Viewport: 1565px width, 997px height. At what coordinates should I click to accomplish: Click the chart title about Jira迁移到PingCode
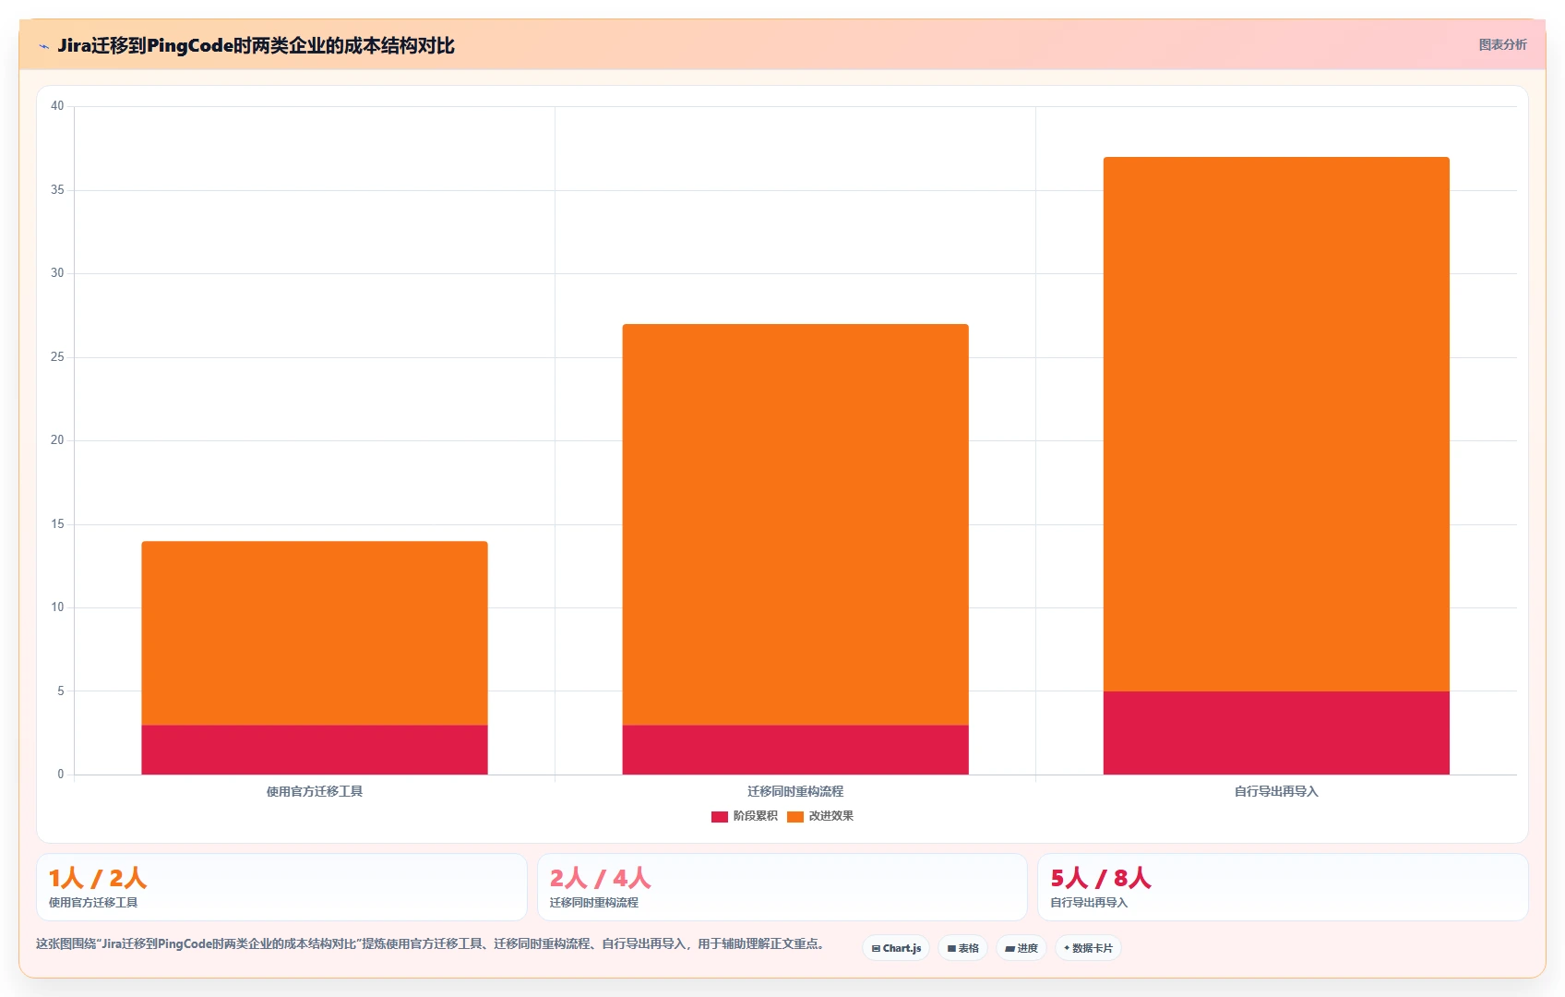(x=256, y=46)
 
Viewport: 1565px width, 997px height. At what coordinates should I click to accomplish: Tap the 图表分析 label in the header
(x=1503, y=44)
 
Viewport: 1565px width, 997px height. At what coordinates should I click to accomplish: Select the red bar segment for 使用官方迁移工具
(x=315, y=750)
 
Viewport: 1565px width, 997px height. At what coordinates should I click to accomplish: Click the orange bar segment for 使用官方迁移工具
(x=315, y=632)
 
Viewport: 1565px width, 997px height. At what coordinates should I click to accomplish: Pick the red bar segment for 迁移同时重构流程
(x=795, y=750)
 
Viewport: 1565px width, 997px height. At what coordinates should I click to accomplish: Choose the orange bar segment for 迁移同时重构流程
(x=795, y=524)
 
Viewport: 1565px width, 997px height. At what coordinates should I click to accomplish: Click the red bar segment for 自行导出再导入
(x=1276, y=733)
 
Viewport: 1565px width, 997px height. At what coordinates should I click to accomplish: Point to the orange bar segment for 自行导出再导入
(x=1276, y=425)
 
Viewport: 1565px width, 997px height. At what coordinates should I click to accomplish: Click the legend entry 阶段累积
(x=744, y=816)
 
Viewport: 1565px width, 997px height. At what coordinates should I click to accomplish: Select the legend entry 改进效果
(x=820, y=816)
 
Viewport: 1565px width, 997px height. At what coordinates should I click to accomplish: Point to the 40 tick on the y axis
(x=57, y=105)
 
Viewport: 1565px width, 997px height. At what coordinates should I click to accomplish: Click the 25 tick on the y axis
(x=57, y=356)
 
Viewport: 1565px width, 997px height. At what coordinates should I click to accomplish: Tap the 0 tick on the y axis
(x=61, y=774)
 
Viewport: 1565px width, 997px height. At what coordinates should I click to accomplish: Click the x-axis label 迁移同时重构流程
(x=795, y=791)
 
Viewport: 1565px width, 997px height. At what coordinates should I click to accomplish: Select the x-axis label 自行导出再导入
(x=1276, y=791)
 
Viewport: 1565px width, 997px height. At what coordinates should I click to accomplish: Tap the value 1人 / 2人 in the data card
(x=98, y=877)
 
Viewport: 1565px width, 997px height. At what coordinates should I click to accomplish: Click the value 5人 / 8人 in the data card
(x=1100, y=877)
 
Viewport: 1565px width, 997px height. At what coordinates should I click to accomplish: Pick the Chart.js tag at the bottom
(x=896, y=948)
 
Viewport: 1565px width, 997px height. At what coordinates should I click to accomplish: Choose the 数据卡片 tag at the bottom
(x=1089, y=948)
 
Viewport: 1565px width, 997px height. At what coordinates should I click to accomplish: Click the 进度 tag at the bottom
(x=1021, y=948)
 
